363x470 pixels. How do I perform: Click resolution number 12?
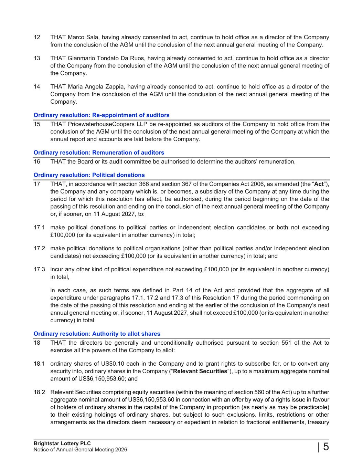coord(37,37)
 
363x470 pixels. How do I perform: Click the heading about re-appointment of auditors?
coord(102,115)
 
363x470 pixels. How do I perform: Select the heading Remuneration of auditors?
coord(99,153)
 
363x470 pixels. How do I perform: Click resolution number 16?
coord(37,161)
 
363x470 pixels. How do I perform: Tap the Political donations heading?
coord(89,175)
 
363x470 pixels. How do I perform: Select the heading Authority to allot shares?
coord(97,334)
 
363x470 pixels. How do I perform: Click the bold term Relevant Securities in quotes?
coord(200,371)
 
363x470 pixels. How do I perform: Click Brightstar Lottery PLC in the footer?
coord(62,443)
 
